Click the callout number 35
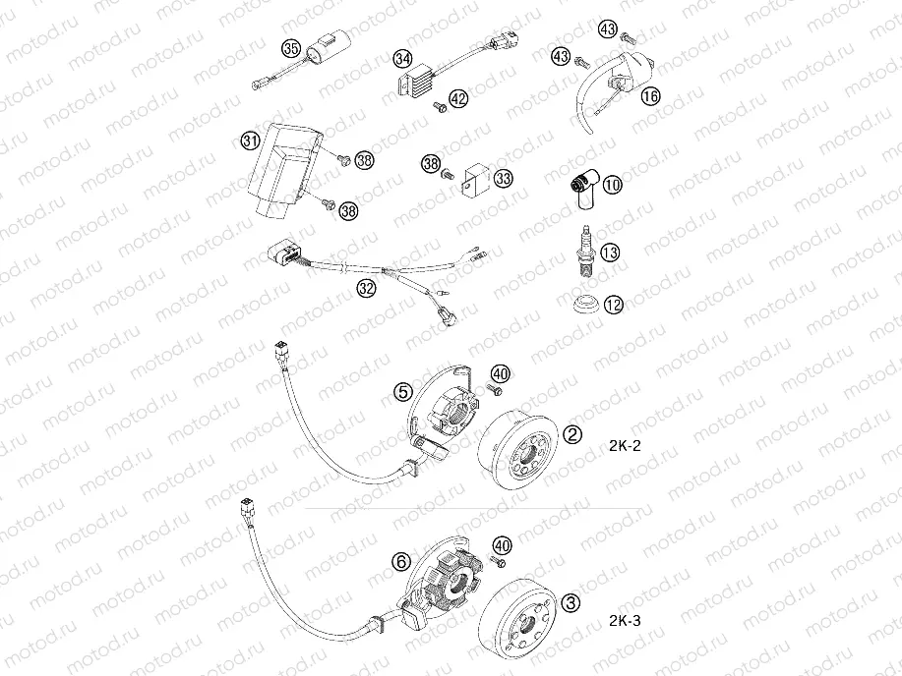tap(290, 48)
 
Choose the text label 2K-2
tap(625, 444)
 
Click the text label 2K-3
tap(625, 620)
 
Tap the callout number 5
tap(403, 393)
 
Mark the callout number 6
tap(400, 562)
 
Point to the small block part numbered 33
tap(476, 179)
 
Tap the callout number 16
tap(650, 96)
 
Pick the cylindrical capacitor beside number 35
tap(323, 46)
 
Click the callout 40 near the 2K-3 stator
tap(503, 547)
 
